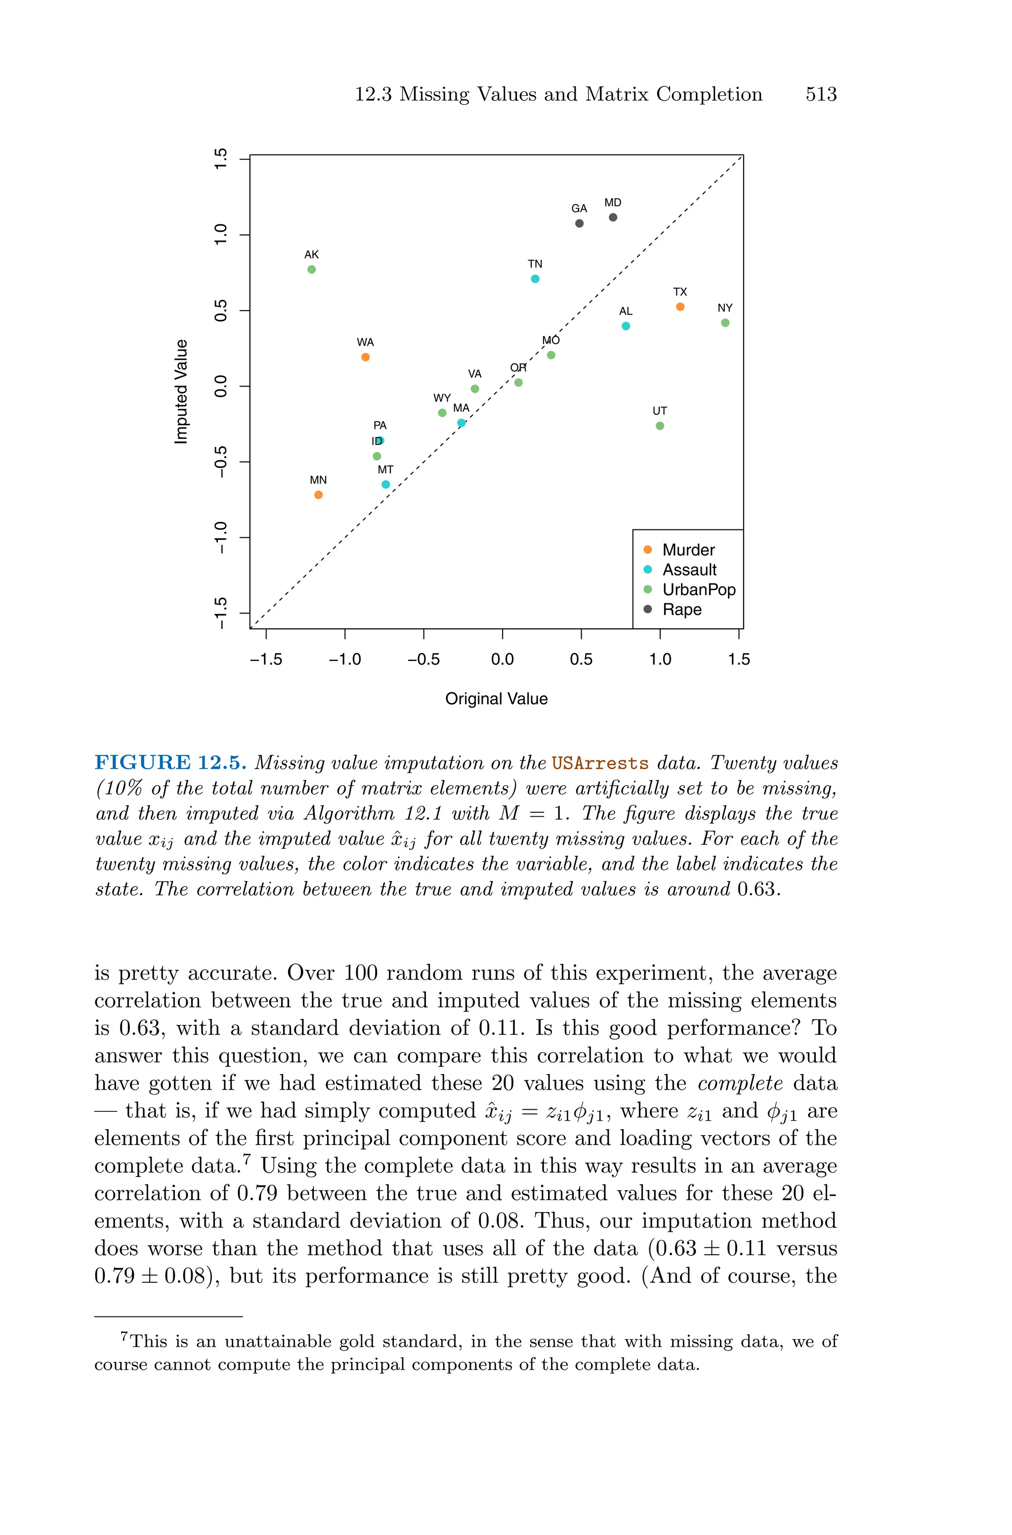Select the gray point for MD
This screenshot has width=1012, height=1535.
pos(613,217)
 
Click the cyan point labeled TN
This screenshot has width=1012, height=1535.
pos(535,279)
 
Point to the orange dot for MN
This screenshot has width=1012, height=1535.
pos(318,494)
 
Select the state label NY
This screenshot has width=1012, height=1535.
pos(725,308)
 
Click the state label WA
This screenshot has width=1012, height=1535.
pos(365,342)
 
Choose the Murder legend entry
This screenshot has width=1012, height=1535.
pos(688,550)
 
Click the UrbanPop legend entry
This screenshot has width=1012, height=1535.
pos(698,589)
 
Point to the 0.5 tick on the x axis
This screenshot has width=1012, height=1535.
pos(581,659)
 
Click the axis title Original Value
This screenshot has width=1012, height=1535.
pos(496,699)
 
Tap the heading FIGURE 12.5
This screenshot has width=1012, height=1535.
pos(170,762)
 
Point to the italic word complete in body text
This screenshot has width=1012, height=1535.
pos(740,1083)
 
